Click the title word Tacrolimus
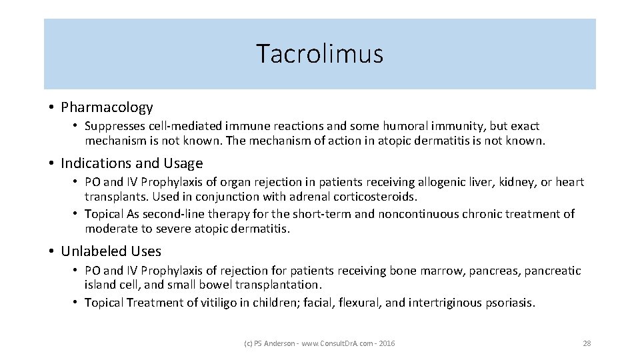tap(320, 54)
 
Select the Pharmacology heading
tap(107, 107)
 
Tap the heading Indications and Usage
tap(131, 163)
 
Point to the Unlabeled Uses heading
tap(111, 251)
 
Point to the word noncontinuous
tap(418, 214)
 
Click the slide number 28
tap(587, 343)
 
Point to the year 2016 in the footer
tap(387, 343)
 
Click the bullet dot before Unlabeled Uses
tap(51, 252)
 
